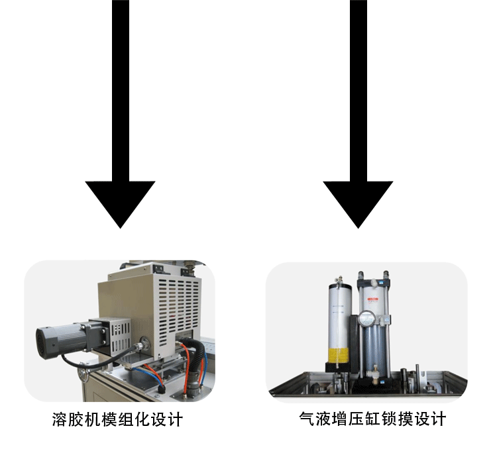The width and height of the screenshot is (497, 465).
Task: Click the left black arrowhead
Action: (x=120, y=201)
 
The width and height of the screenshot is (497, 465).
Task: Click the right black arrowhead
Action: (x=358, y=201)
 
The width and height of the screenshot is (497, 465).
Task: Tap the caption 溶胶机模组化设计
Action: (x=117, y=420)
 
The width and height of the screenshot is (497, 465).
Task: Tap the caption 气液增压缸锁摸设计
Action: (x=372, y=419)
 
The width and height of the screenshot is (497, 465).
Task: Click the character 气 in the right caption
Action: (x=306, y=419)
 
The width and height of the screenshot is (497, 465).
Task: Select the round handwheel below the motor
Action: (x=83, y=376)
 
